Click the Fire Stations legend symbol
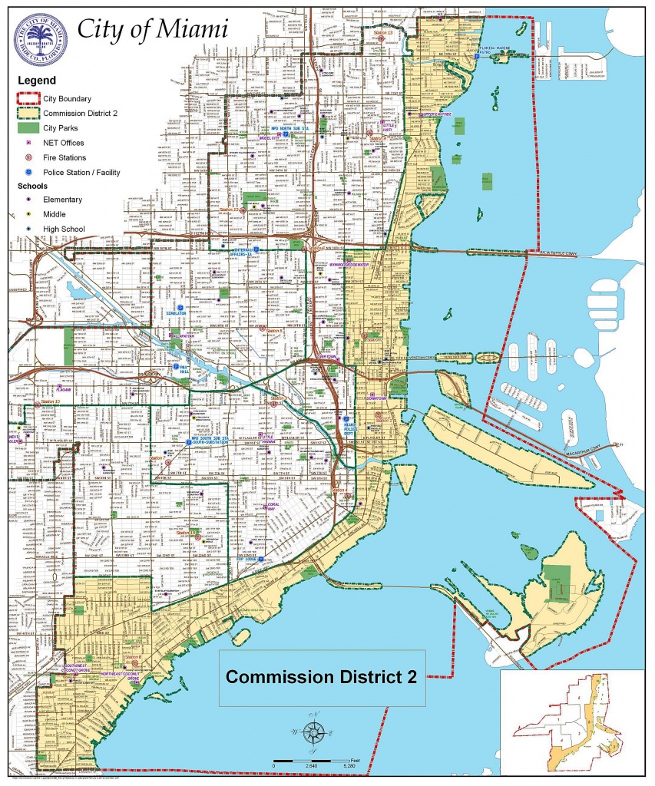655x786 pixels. (x=28, y=157)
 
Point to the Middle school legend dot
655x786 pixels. (x=28, y=214)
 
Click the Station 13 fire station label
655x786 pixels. (x=382, y=33)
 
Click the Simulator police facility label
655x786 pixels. (x=177, y=314)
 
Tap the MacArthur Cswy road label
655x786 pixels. (x=594, y=444)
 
